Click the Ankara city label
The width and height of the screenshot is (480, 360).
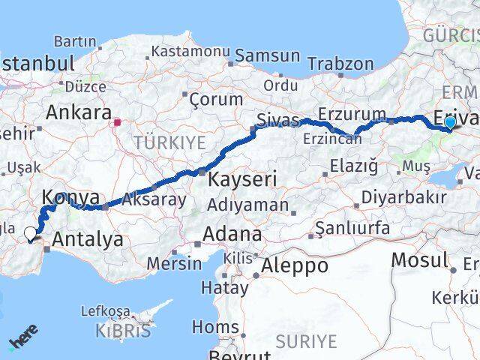79,113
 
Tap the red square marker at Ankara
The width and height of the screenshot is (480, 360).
117,121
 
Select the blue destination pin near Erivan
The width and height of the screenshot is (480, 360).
450,122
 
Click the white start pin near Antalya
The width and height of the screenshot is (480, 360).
31,234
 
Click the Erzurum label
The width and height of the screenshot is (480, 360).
352,113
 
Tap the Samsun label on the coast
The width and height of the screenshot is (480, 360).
268,56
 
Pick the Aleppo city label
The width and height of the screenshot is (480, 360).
294,265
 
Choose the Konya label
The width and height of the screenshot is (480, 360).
71,197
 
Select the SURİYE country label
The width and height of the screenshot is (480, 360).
306,341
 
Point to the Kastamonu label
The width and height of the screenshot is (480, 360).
190,52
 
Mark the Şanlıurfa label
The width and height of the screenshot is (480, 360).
352,227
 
